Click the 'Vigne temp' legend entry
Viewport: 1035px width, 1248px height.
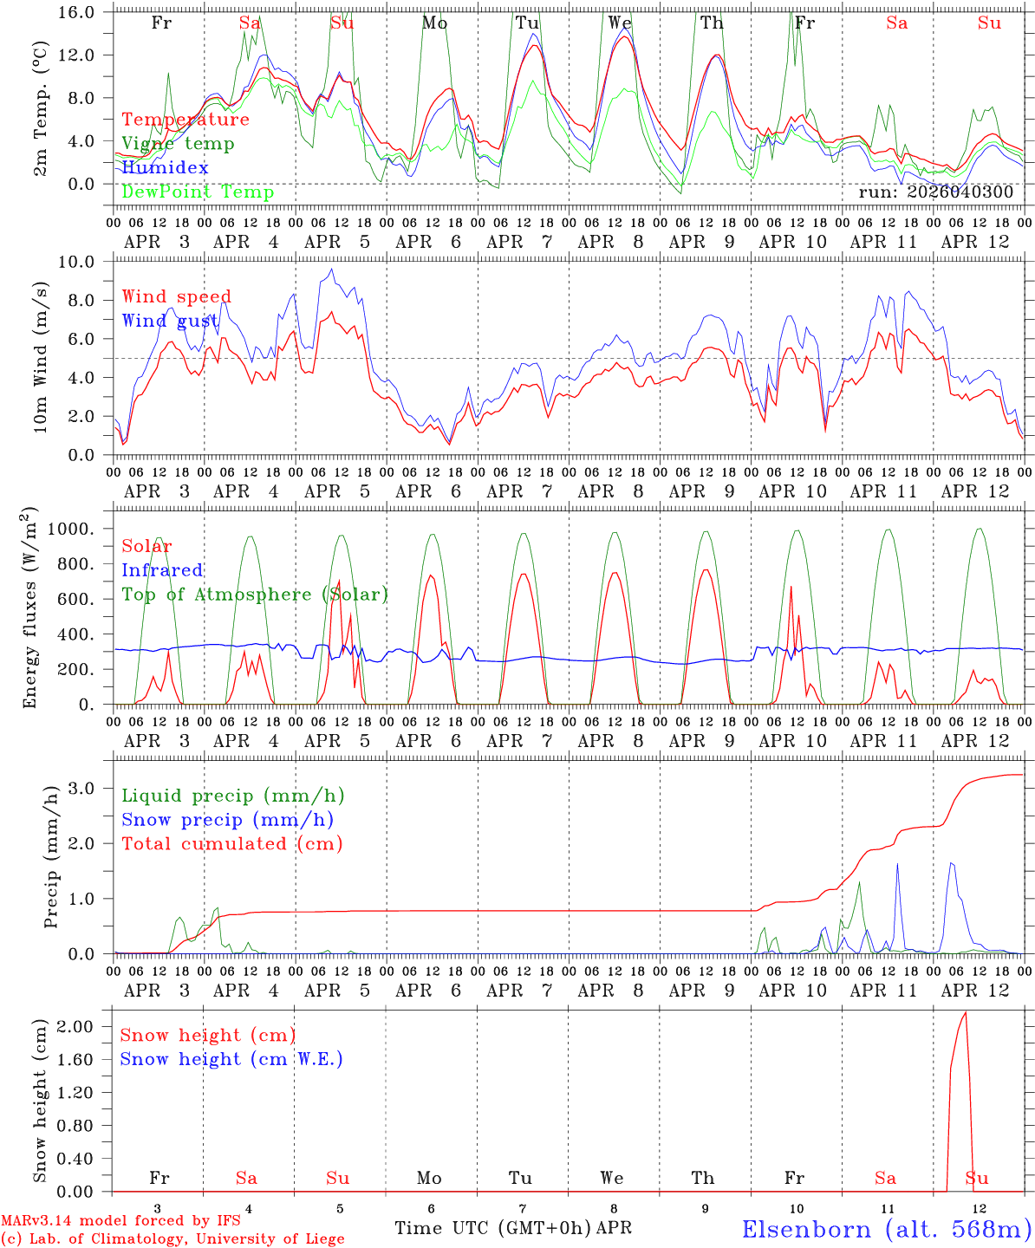tap(178, 144)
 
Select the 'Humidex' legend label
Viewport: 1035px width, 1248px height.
tap(165, 167)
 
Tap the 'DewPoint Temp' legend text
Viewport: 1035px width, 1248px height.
tap(198, 192)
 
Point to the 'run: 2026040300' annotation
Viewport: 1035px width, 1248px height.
tap(935, 192)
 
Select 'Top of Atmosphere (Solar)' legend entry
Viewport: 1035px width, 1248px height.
tap(255, 595)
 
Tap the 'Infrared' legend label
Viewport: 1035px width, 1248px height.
tap(162, 570)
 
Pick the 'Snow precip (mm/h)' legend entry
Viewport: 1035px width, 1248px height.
tap(227, 820)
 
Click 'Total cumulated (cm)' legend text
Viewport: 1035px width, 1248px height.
tap(232, 844)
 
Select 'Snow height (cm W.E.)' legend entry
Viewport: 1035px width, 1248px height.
tap(231, 1059)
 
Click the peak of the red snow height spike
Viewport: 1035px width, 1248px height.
tap(966, 1012)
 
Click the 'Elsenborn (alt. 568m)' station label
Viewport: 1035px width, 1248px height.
tap(887, 1229)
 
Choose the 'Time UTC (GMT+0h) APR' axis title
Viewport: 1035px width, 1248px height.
tap(513, 1228)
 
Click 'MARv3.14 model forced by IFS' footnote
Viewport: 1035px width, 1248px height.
tap(120, 1220)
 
